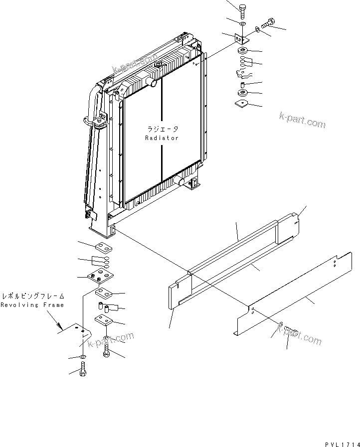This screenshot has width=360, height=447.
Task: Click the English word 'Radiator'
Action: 162,138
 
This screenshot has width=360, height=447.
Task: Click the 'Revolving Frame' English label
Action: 32,305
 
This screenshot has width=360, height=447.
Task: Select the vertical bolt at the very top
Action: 242,10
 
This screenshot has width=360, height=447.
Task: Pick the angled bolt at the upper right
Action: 267,23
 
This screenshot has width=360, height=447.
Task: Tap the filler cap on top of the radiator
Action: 159,65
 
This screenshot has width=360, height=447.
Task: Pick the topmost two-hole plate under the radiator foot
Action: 103,246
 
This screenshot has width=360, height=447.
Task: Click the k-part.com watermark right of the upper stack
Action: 302,120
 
